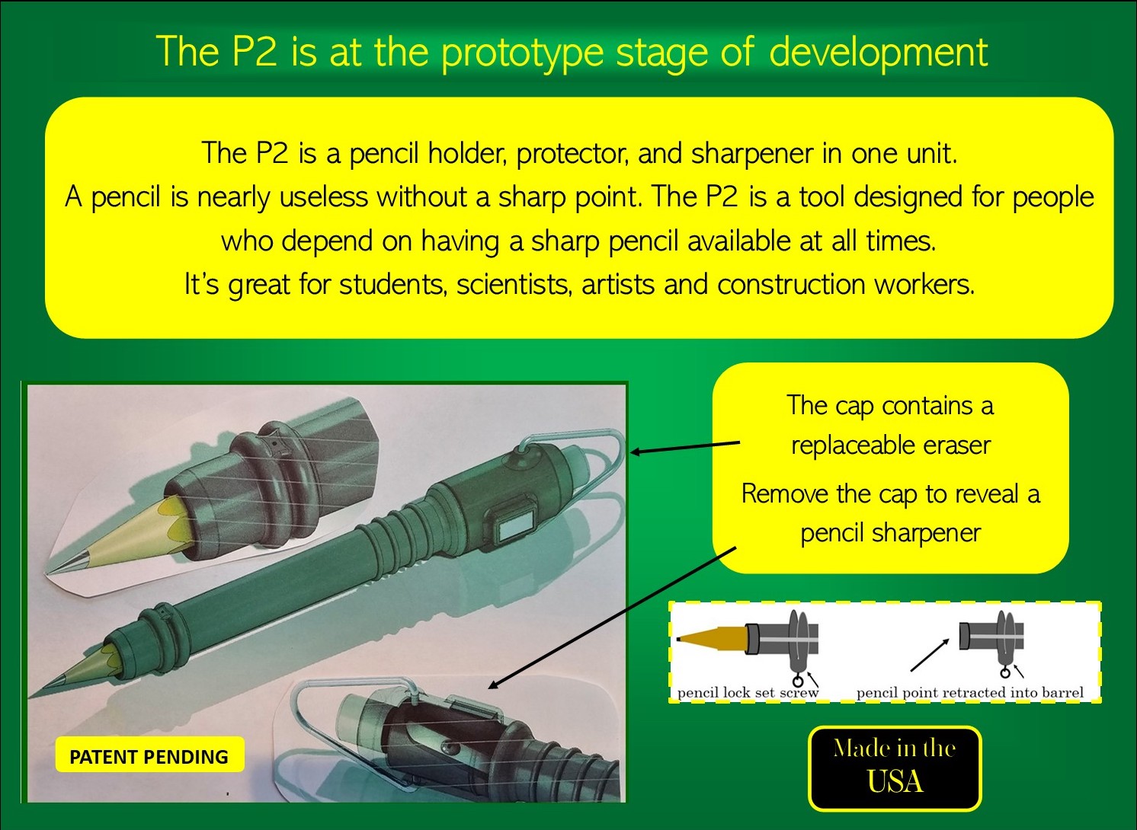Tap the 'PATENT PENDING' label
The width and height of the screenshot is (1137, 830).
tap(149, 757)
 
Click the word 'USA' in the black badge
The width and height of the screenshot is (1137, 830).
tap(895, 781)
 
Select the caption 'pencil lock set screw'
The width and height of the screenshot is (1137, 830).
tap(748, 692)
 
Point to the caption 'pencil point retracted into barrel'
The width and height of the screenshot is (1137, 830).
tap(969, 692)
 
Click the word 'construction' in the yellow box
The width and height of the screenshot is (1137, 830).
tap(790, 284)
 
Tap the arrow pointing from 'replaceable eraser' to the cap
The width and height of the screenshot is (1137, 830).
tap(685, 447)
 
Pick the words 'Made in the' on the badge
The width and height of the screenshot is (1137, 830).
tap(895, 749)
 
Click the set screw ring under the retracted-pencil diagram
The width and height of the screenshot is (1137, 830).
tap(1005, 673)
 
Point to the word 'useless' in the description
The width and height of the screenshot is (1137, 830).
tap(323, 197)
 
